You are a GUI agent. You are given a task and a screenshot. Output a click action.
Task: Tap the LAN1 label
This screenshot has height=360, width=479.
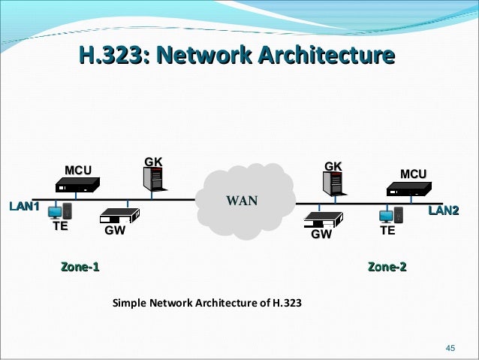click(23, 206)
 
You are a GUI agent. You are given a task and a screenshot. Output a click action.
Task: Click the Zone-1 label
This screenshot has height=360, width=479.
click(80, 267)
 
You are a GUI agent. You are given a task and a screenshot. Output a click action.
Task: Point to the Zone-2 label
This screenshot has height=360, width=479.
click(387, 267)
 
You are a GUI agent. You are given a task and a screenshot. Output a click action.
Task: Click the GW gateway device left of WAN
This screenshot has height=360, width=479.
click(118, 214)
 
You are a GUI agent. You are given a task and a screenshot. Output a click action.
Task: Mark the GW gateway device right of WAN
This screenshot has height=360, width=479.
click(323, 219)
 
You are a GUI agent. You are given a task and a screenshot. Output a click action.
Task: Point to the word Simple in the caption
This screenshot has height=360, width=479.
click(129, 304)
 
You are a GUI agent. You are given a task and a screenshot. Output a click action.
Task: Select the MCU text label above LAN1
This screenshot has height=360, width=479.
click(78, 171)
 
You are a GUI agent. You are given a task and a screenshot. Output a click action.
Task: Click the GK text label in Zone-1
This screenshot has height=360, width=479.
click(153, 161)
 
